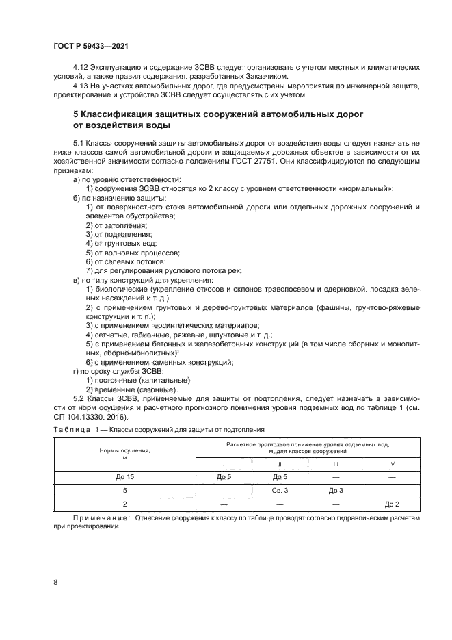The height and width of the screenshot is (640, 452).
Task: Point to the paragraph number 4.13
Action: [81, 87]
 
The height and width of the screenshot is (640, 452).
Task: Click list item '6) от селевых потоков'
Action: [125, 261]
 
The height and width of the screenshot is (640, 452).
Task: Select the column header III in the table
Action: [335, 463]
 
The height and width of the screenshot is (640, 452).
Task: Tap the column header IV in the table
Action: [391, 463]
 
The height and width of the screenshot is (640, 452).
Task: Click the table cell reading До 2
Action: [391, 504]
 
